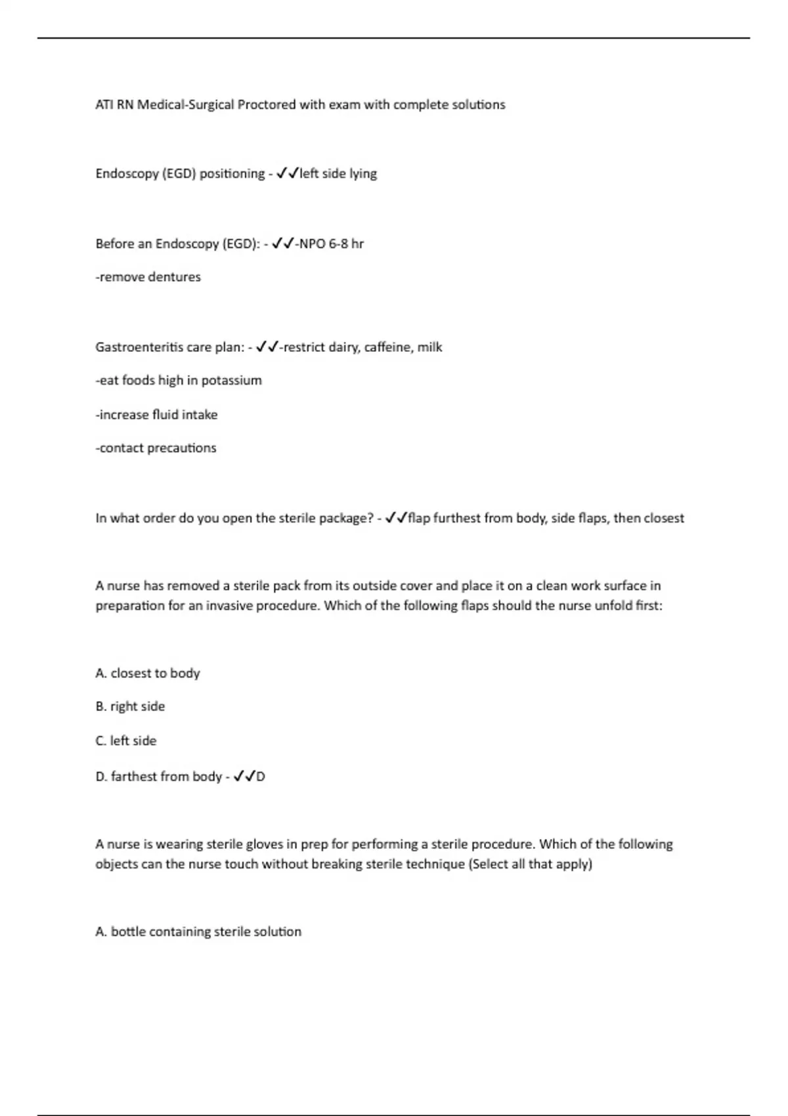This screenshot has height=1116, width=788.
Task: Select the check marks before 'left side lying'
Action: (x=288, y=173)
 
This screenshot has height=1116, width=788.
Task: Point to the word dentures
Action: (x=174, y=277)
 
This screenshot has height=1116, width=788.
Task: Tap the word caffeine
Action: (x=388, y=347)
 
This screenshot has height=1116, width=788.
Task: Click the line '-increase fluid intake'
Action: (x=156, y=414)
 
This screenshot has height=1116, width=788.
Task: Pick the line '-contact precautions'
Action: (x=156, y=448)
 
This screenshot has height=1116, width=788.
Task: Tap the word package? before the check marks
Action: (x=346, y=518)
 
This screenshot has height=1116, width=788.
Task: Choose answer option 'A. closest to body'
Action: (x=148, y=673)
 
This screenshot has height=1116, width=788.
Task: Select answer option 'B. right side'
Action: (x=130, y=706)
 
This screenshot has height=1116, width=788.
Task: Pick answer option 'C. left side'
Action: (x=126, y=740)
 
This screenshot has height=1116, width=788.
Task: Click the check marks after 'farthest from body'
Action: (x=244, y=777)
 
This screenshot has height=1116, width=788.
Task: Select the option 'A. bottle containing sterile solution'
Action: (x=198, y=932)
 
